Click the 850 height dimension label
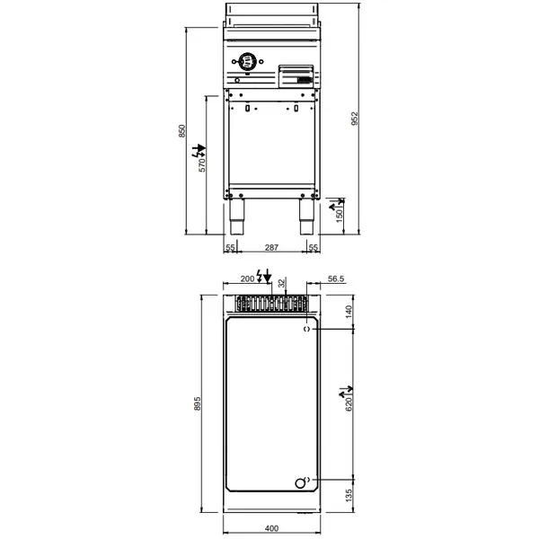pyautogui.click(x=181, y=130)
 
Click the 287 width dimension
pyautogui.click(x=271, y=247)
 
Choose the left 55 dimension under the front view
pyautogui.click(x=230, y=247)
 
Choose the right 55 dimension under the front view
pyautogui.click(x=314, y=247)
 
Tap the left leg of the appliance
pyautogui.click(x=239, y=211)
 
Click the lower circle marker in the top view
pyautogui.click(x=302, y=482)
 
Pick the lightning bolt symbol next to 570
pyautogui.click(x=201, y=150)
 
